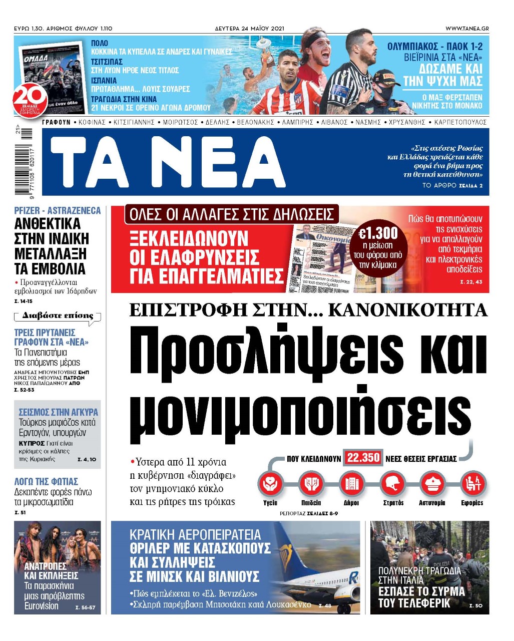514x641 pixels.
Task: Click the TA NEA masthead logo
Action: pyautogui.click(x=168, y=162)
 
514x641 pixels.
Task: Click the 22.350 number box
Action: pyautogui.click(x=363, y=458)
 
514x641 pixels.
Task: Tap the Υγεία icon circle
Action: pyautogui.click(x=270, y=484)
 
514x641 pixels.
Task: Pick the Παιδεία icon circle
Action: pyautogui.click(x=311, y=484)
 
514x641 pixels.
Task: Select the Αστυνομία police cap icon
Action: pyautogui.click(x=431, y=484)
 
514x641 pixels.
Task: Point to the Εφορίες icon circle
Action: pyautogui.click(x=472, y=484)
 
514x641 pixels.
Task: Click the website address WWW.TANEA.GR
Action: pyautogui.click(x=467, y=29)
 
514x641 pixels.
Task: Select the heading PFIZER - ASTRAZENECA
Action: pyautogui.click(x=58, y=211)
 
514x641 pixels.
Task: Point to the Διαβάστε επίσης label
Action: pyautogui.click(x=58, y=316)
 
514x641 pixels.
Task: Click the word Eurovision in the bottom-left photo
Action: pyautogui.click(x=42, y=606)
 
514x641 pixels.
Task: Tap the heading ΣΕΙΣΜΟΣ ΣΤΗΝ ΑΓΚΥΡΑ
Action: pyautogui.click(x=59, y=412)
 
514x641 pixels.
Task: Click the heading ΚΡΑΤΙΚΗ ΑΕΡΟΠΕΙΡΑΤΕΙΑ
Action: pyautogui.click(x=195, y=534)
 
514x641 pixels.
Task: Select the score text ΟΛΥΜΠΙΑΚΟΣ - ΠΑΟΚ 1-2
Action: pyautogui.click(x=435, y=47)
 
